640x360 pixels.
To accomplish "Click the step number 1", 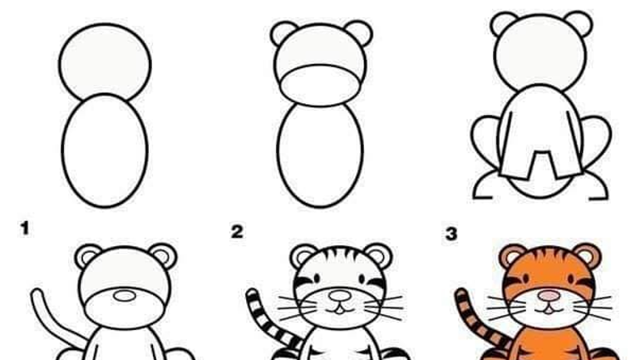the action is pos(25,228).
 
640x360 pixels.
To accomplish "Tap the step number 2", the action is pos(237,232).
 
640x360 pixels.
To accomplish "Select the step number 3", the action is pos(451,234).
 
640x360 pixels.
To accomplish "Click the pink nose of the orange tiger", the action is pos(549,295).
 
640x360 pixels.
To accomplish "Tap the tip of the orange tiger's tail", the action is pos(460,293).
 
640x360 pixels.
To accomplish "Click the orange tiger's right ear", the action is pos(587,256).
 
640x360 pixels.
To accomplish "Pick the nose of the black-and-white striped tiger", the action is pos(340,295).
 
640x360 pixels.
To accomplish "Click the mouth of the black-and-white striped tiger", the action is pos(340,309).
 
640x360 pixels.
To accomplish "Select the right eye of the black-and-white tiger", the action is pos(362,279).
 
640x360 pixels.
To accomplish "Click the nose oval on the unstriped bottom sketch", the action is pos(125,296).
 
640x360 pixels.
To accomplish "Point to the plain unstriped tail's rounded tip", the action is pos(37,293).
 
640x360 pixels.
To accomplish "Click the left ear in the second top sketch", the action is pos(283,32).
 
